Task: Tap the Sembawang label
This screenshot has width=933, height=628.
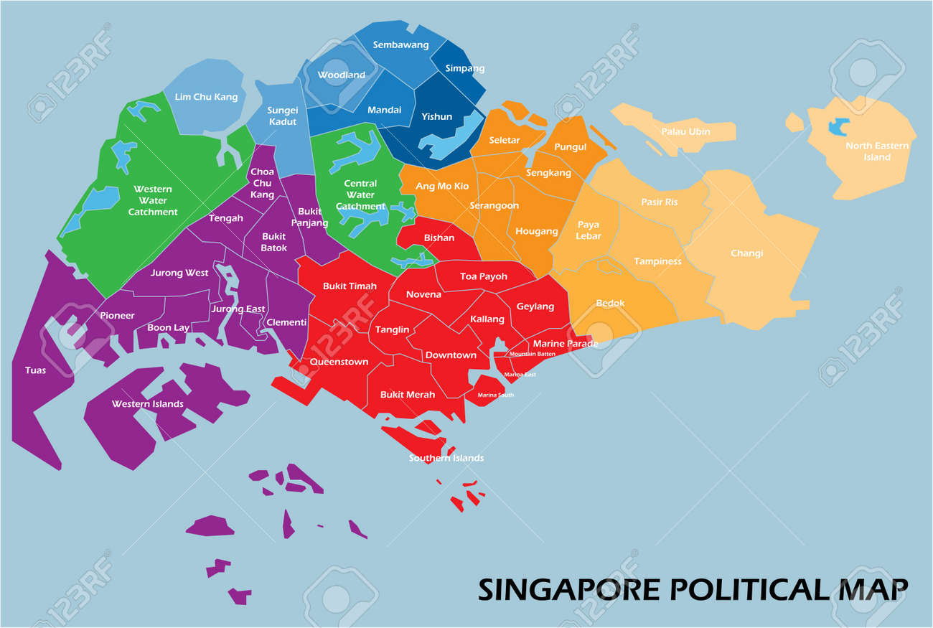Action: click(x=400, y=44)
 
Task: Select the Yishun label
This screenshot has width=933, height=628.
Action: click(x=436, y=116)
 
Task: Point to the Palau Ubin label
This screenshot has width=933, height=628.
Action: click(x=686, y=131)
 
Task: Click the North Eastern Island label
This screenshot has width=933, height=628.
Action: click(x=876, y=151)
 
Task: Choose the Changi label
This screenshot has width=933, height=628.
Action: click(x=746, y=253)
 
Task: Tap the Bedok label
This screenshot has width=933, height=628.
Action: click(x=610, y=303)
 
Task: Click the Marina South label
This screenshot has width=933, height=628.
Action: click(x=495, y=395)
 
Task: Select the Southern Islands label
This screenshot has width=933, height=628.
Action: click(x=446, y=458)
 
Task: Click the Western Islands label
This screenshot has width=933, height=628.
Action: click(x=147, y=404)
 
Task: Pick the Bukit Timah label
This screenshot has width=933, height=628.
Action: click(x=350, y=286)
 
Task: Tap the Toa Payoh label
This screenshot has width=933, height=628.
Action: click(x=483, y=276)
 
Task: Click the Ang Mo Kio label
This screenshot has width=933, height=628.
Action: click(x=442, y=187)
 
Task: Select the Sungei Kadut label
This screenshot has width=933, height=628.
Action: click(x=282, y=116)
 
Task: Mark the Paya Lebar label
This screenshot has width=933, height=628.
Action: click(x=589, y=230)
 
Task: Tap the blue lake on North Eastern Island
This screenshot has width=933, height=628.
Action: click(x=838, y=127)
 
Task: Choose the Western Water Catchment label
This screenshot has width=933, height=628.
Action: click(x=153, y=200)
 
